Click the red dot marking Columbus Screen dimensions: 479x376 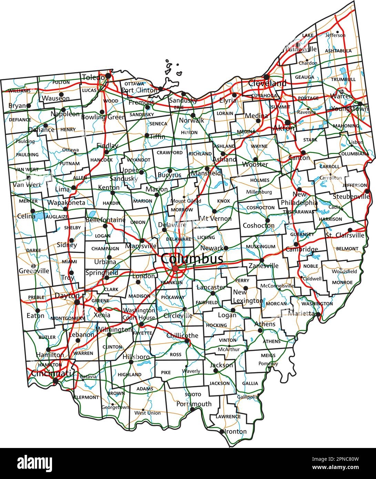[175, 268]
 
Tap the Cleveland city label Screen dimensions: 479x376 [267, 83]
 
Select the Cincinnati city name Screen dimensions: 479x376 [51, 373]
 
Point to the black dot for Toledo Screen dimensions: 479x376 [108, 75]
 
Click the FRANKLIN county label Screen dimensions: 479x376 [171, 283]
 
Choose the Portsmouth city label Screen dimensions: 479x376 [194, 404]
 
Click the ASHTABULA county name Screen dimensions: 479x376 [338, 51]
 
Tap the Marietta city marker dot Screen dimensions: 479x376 [318, 314]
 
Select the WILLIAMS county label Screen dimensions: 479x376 [19, 91]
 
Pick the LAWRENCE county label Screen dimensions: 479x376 [228, 416]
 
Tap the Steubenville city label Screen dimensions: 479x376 [352, 196]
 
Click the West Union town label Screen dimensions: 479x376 [148, 413]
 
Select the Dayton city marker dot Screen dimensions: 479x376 [77, 302]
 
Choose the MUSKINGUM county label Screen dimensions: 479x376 [261, 247]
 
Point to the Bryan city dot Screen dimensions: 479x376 [28, 106]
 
